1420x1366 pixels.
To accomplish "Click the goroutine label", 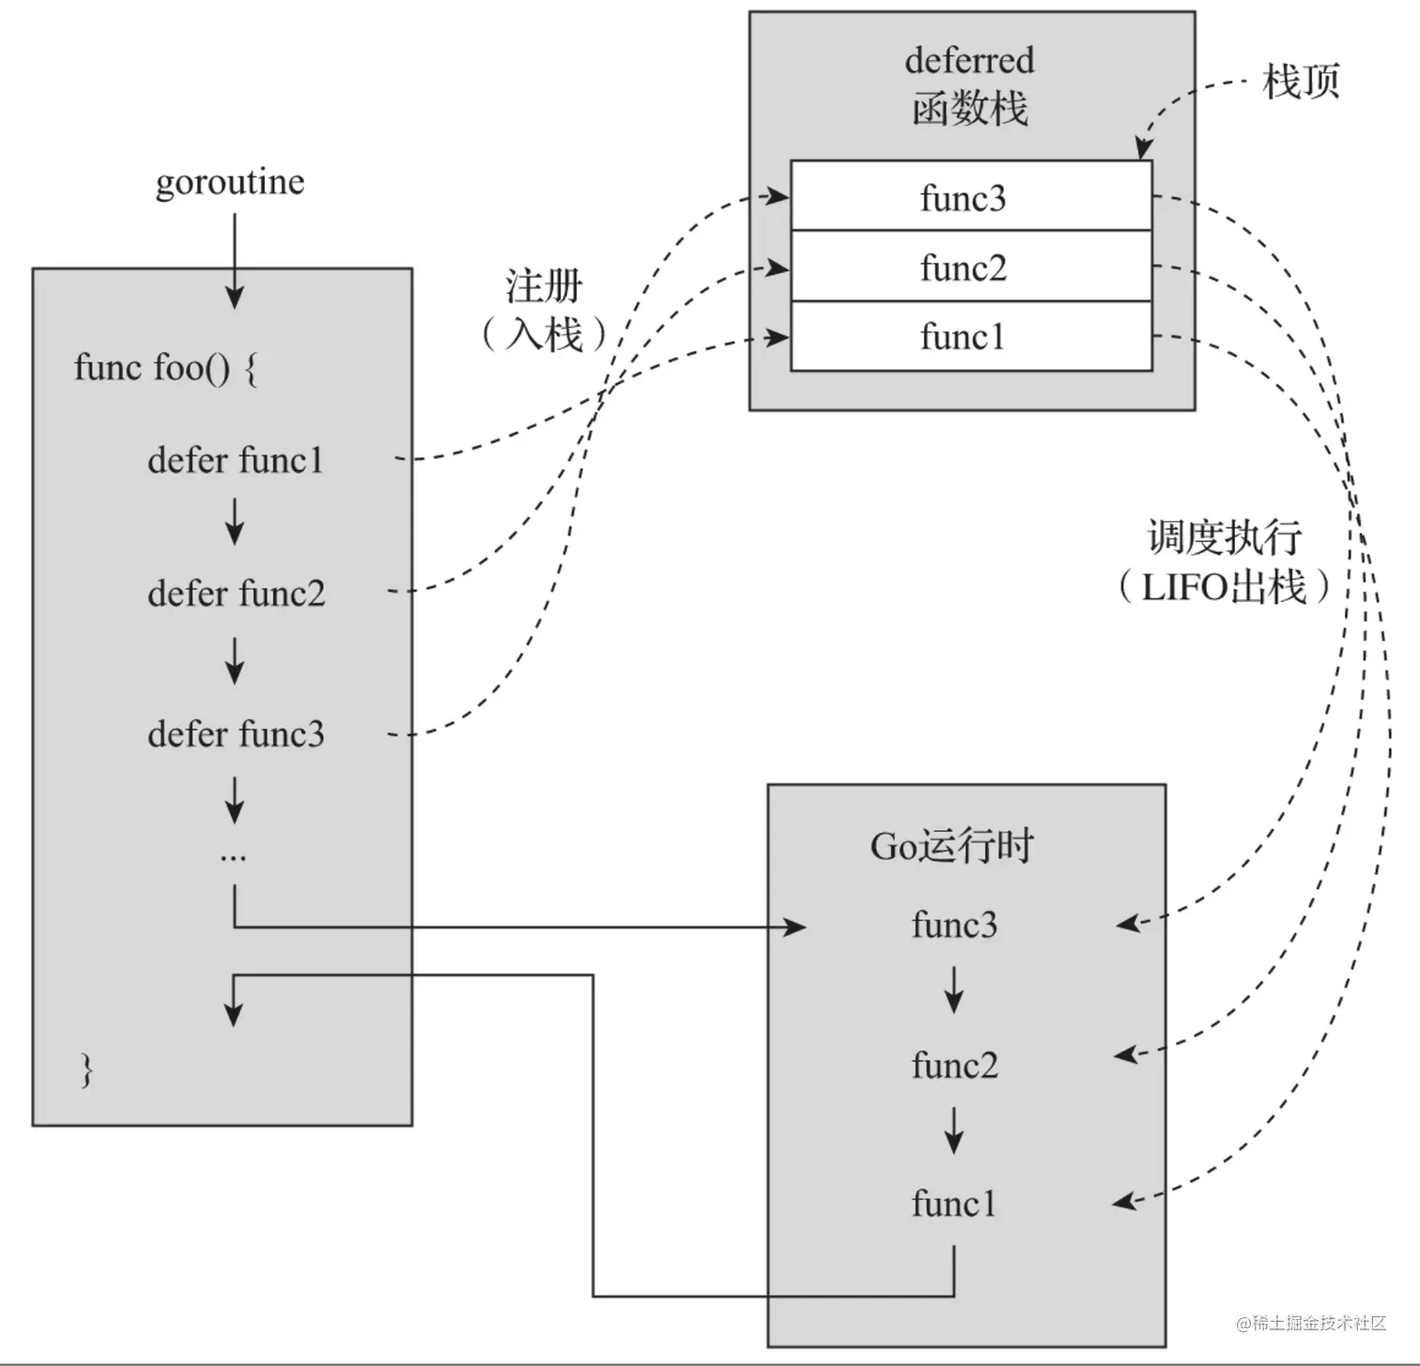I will coord(230,182).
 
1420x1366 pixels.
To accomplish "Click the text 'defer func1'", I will coord(235,460).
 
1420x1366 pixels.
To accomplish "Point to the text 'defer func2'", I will coord(236,593).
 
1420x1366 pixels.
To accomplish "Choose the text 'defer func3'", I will coord(236,733).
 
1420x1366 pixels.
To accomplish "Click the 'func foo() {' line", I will coord(165,367).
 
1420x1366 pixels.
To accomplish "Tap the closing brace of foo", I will coord(86,1069).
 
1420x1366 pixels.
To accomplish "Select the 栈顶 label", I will coord(1301,82).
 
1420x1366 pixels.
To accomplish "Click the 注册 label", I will coord(544,286).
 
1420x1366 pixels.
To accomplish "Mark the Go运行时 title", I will coord(951,846).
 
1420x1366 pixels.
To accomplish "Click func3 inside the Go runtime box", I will coord(954,925).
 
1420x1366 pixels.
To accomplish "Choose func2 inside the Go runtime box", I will coord(954,1065).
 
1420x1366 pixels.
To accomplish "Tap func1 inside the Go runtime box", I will coord(954,1203).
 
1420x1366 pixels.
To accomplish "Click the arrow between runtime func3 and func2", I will coord(954,990).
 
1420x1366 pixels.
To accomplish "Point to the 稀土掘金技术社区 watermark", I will coord(1312,1323).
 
